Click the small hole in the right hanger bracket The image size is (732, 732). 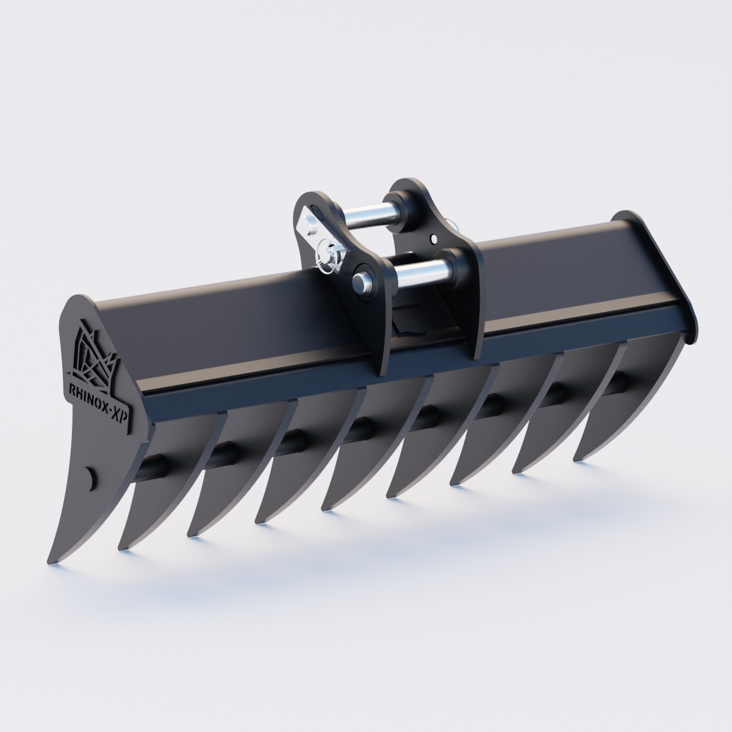(x=434, y=239)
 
